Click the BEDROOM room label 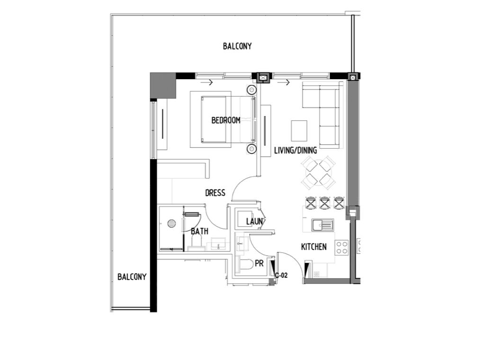coord(226,120)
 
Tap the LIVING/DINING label coord(296,150)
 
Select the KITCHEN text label coord(314,247)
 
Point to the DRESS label coord(215,193)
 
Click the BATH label coord(199,231)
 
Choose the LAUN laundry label coord(254,221)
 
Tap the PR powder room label coord(260,263)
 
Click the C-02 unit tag coord(281,275)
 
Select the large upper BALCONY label coord(237,46)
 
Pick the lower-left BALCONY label coord(132,277)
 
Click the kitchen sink coord(323,225)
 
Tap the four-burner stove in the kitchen coord(341,248)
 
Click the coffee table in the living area coord(299,131)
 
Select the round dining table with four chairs coord(318,172)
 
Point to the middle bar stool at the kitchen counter coord(324,203)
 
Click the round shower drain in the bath coord(171,224)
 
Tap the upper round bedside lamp coord(251,90)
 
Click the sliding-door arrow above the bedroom coord(206,82)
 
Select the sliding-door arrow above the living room coord(283,82)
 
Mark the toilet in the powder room coord(244,265)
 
